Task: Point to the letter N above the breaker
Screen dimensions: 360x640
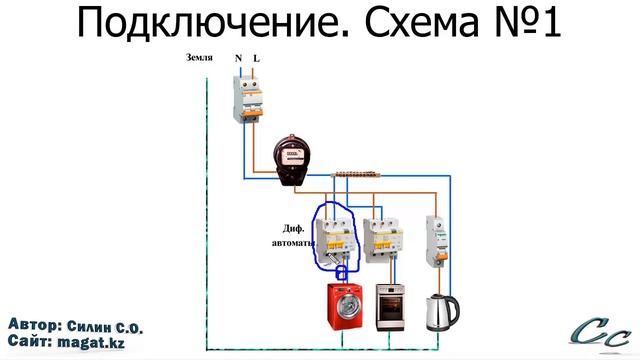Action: tap(239, 59)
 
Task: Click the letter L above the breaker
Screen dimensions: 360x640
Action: tap(256, 59)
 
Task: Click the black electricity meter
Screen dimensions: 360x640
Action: tap(293, 160)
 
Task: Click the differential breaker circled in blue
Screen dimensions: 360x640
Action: tap(333, 237)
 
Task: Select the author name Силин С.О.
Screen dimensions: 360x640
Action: tap(104, 327)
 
